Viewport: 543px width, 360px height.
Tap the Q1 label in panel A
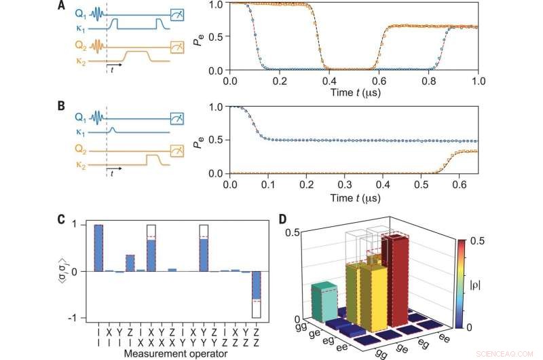tap(79, 12)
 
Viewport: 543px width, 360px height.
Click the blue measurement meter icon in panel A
tap(176, 12)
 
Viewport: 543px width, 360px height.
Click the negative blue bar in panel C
tap(256, 285)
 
